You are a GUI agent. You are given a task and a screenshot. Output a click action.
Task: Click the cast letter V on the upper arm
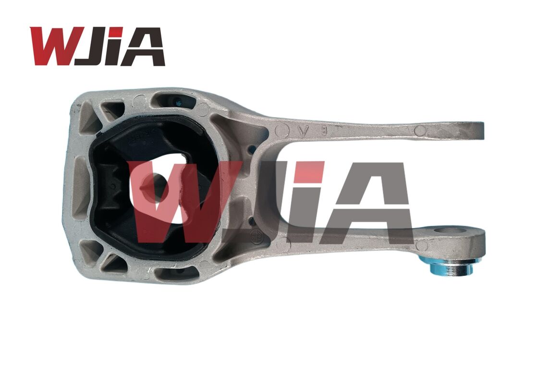303,131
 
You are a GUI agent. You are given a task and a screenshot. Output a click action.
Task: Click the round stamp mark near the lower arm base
256,235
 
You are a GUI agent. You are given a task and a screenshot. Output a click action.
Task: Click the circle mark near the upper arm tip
420,130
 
